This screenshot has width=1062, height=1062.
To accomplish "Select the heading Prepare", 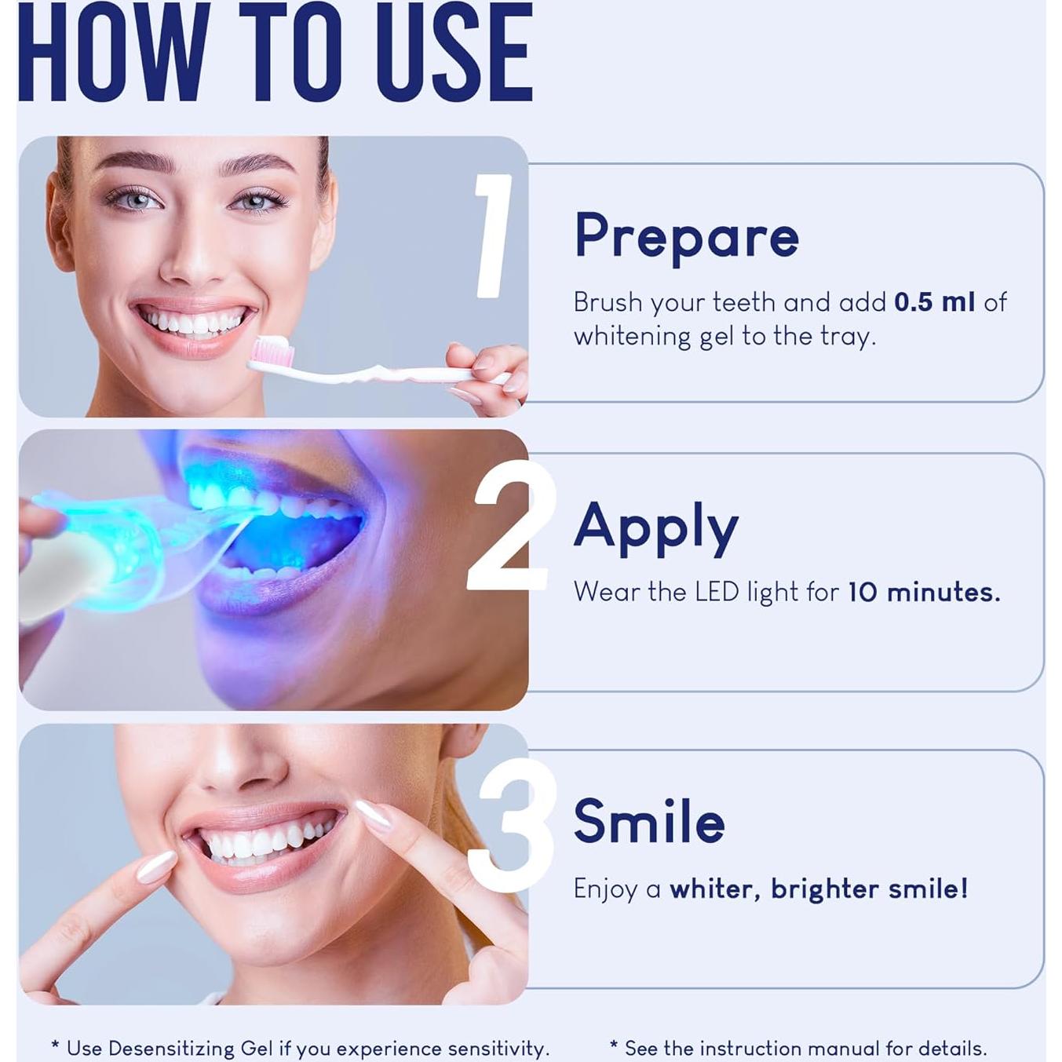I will pos(686,235).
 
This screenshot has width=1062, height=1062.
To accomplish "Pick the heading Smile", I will pos(648,822).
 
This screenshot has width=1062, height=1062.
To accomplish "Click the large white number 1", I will pos(494,236).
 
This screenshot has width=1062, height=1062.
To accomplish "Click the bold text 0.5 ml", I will pos(934,302).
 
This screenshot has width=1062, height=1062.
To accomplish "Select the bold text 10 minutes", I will pos(924,592).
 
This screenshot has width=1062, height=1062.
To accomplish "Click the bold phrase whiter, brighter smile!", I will pos(818,889).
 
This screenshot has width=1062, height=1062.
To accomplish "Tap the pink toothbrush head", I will pos(272,352).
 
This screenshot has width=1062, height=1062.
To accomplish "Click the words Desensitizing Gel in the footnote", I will pos(190,1049).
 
